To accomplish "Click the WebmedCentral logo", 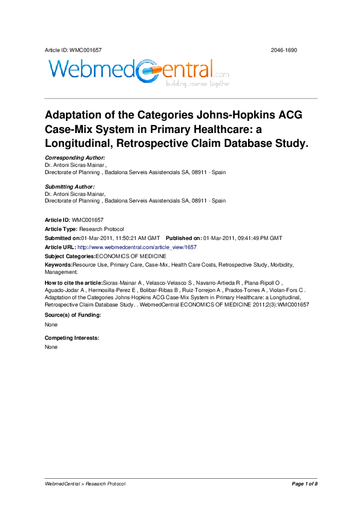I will click(x=137, y=73).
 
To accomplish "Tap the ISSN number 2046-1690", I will click(x=283, y=50).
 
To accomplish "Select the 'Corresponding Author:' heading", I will click(x=75, y=157).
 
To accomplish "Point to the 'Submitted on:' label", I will click(x=64, y=238).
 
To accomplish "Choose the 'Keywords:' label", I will click(x=59, y=265).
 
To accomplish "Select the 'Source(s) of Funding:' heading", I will click(x=73, y=316).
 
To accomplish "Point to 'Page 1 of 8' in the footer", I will click(x=304, y=484).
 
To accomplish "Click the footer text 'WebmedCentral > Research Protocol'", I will click(x=85, y=484).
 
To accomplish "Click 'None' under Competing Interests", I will click(x=51, y=347).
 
